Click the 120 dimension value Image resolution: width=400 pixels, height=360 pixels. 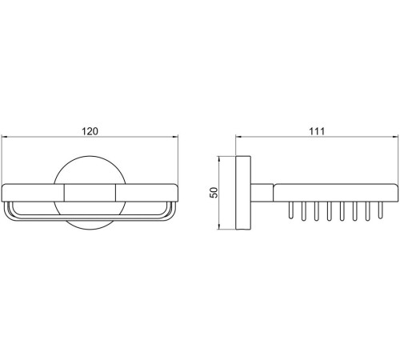90,131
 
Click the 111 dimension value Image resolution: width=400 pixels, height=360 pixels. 317,131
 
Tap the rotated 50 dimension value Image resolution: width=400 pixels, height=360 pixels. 214,193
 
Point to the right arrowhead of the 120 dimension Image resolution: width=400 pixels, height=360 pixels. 175,137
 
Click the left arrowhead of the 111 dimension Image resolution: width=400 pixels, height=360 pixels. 238,137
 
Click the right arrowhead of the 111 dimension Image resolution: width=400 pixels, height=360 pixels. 395,137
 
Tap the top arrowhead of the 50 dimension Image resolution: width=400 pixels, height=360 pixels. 219,159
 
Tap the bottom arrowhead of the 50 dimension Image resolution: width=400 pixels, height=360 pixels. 219,226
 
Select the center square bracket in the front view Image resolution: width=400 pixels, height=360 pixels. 90,193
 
